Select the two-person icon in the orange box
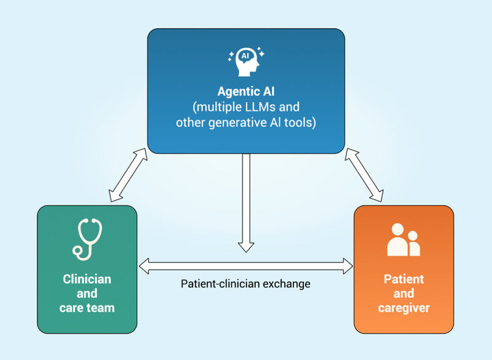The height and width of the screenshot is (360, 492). coord(403,240)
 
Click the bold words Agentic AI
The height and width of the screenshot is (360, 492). coord(245,92)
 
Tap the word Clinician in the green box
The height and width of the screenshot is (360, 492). coord(87,279)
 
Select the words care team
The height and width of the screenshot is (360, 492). coord(87,308)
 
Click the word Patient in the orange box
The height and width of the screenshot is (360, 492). coord(404,279)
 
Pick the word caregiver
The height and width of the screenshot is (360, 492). coord(404,308)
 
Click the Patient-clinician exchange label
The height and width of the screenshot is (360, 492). coord(245,284)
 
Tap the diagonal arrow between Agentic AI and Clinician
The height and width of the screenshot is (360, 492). coord(128,175)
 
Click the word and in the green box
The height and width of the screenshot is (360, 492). coord(87,294)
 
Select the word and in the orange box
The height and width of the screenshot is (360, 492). coord(404,294)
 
